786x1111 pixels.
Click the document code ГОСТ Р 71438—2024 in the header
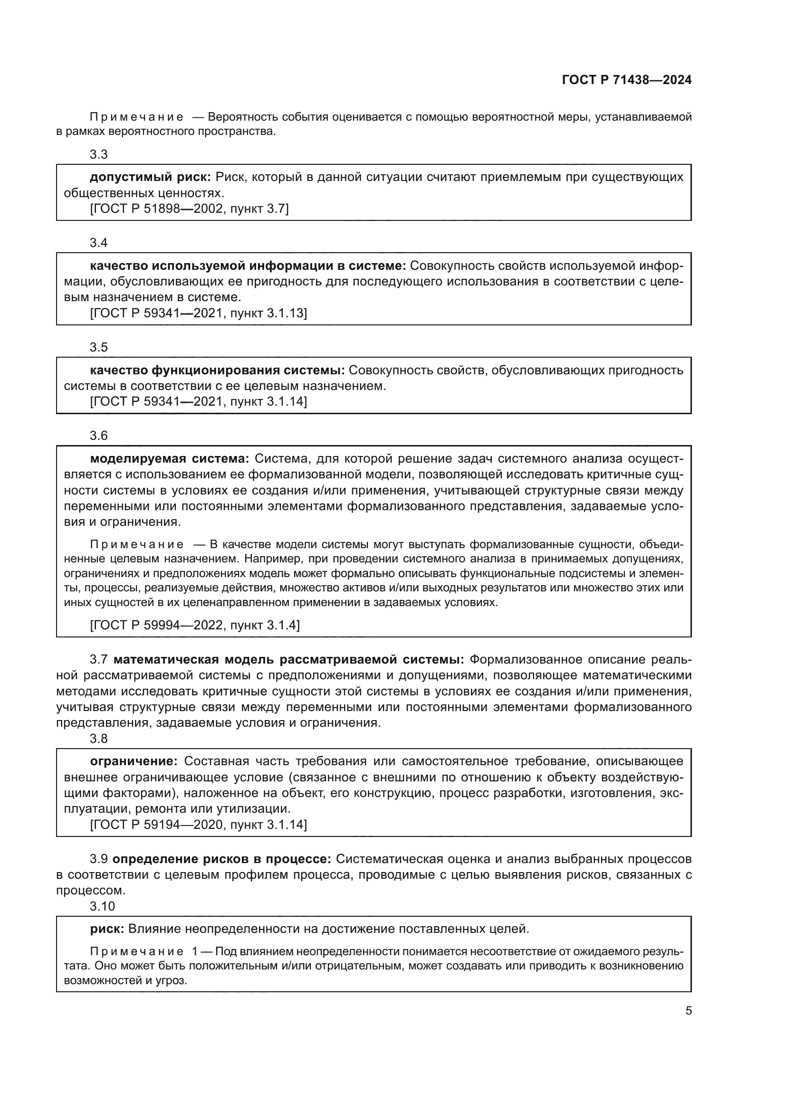pos(626,80)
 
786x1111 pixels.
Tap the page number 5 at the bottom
pos(688,1011)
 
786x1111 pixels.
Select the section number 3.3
pos(98,154)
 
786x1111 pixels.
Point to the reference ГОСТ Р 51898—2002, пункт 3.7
pos(189,209)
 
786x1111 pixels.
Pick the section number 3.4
pos(98,243)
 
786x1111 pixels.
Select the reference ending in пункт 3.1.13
pos(199,313)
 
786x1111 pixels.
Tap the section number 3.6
pos(98,436)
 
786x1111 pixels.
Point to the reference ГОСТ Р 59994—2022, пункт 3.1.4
pos(194,625)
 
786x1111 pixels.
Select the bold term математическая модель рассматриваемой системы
pos(288,660)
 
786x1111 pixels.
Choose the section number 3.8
pos(98,739)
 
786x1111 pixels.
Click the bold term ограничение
pos(134,761)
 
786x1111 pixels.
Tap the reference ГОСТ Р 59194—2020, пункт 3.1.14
pos(199,824)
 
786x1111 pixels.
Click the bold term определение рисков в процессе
pos(221,859)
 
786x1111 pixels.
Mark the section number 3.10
pos(102,906)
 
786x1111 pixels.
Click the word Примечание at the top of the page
pos(136,117)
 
